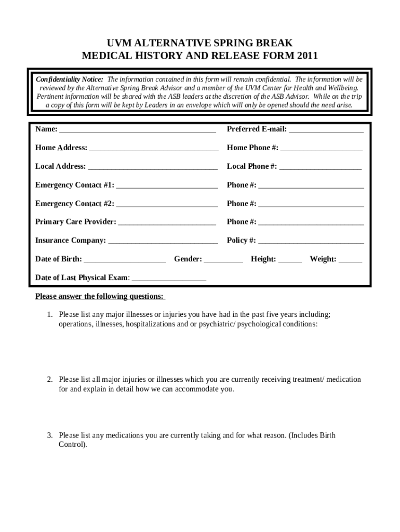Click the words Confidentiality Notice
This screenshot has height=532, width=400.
pyautogui.click(x=69, y=79)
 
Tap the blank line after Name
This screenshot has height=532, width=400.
pyautogui.click(x=138, y=130)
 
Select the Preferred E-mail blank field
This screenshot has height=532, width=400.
pyautogui.click(x=326, y=130)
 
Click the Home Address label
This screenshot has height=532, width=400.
pyautogui.click(x=61, y=148)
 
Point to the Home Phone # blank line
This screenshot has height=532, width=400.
pyautogui.click(x=321, y=149)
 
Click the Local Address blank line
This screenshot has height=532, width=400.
pyautogui.click(x=153, y=167)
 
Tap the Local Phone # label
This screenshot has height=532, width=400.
pyautogui.click(x=251, y=167)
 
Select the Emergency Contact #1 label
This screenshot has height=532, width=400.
pyautogui.click(x=75, y=185)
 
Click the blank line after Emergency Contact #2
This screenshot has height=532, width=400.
pyautogui.click(x=167, y=204)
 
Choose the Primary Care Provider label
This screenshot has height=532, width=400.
pyautogui.click(x=76, y=222)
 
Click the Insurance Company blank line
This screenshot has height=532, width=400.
pyautogui.click(x=163, y=241)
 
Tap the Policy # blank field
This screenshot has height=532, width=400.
pyautogui.click(x=311, y=241)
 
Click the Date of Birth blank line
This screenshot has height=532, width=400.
pyautogui.click(x=125, y=260)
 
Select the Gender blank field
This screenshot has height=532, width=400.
pyautogui.click(x=223, y=260)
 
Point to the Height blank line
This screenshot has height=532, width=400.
pyautogui.click(x=290, y=260)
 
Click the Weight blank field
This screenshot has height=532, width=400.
pyautogui.click(x=350, y=260)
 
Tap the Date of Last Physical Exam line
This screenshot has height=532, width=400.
pyautogui.click(x=169, y=278)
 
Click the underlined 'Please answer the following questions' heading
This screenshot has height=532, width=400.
pyautogui.click(x=100, y=297)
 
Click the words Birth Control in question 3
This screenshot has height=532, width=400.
pyautogui.click(x=73, y=445)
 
